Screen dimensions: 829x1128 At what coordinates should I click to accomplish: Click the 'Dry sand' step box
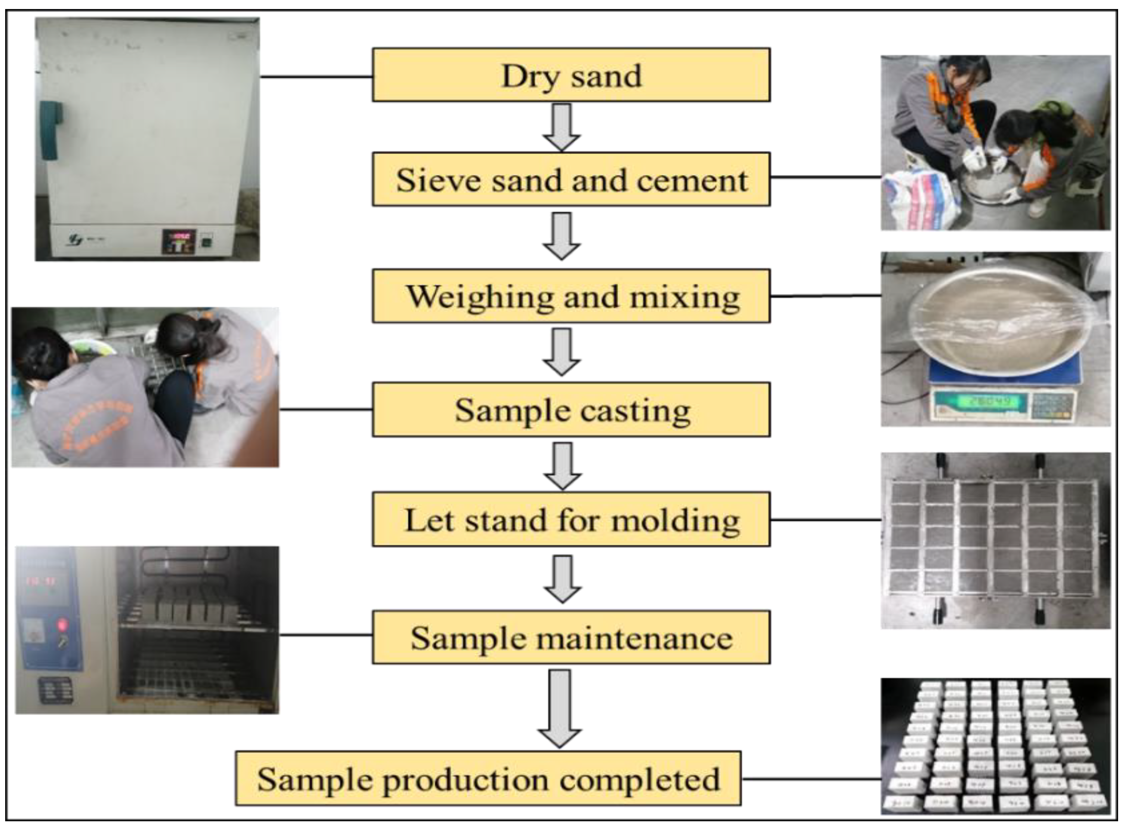pyautogui.click(x=571, y=75)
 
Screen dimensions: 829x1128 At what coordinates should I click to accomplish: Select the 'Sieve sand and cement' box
pyautogui.click(x=571, y=179)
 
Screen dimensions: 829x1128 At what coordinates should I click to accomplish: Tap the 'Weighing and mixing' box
pyautogui.click(x=571, y=296)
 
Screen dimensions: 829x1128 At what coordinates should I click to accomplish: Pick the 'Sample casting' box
pyautogui.click(x=571, y=409)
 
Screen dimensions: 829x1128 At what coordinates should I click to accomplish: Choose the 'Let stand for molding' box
pyautogui.click(x=571, y=519)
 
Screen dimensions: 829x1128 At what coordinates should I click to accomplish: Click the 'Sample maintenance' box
pyautogui.click(x=571, y=637)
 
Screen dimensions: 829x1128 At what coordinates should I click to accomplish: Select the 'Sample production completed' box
pyautogui.click(x=488, y=778)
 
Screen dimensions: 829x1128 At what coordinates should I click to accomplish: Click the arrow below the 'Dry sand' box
pyautogui.click(x=562, y=126)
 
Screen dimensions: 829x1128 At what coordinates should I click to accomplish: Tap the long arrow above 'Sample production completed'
pyautogui.click(x=560, y=708)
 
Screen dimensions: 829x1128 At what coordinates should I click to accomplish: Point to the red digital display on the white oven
pyautogui.click(x=178, y=236)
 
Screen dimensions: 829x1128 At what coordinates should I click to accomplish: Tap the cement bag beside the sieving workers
pyautogui.click(x=921, y=198)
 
